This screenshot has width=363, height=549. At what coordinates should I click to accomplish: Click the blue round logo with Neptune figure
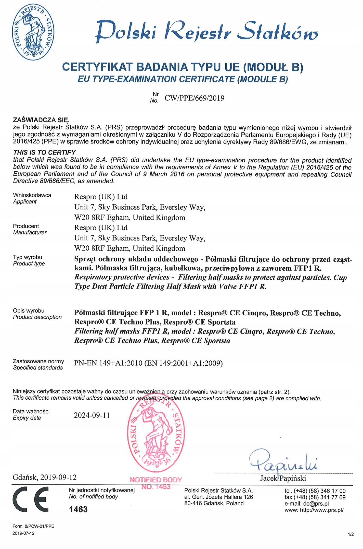[33, 32]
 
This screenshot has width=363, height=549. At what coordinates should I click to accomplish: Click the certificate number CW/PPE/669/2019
[194, 98]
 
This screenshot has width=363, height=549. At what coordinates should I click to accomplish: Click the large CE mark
[31, 499]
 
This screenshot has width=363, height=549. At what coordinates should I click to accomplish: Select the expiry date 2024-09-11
[92, 415]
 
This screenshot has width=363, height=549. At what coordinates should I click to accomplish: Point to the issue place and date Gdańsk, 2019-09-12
[45, 477]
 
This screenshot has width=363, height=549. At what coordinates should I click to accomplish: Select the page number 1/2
[351, 534]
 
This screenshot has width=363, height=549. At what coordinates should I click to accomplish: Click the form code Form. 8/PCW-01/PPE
[33, 526]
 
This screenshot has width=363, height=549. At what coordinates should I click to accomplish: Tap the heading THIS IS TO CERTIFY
[44, 152]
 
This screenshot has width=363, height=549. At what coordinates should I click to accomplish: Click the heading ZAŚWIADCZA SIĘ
[41, 120]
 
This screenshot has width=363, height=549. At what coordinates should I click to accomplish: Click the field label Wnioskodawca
[32, 195]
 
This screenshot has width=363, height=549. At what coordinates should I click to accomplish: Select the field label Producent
[26, 226]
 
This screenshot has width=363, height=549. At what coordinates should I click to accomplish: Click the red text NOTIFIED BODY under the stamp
[156, 480]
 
